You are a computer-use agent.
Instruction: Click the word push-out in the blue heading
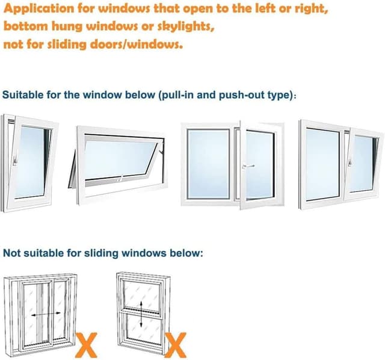click(232, 95)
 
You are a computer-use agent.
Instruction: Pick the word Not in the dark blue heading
click(13, 253)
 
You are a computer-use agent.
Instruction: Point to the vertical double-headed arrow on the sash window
click(139, 314)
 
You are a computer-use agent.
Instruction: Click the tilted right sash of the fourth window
click(365, 163)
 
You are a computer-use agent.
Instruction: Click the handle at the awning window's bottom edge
click(120, 179)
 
